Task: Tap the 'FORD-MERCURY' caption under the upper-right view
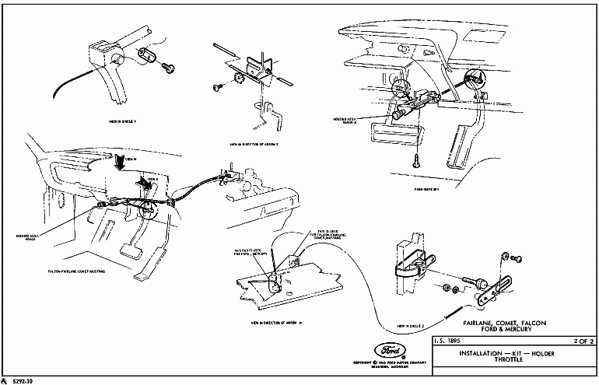coord(429,187)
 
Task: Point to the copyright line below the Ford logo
coord(389,363)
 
